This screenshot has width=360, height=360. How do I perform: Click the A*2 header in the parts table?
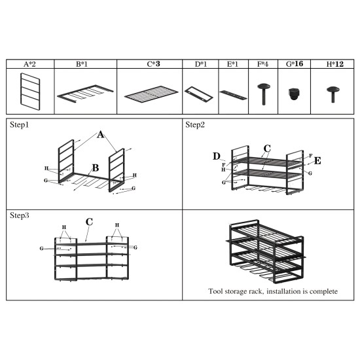(29, 64)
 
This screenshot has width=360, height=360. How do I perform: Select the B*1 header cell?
(82, 64)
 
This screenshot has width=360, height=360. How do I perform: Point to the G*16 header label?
(295, 64)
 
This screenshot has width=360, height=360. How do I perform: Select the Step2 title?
(196, 124)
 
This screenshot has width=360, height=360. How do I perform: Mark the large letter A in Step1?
(101, 135)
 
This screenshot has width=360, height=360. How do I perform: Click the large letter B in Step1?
(95, 168)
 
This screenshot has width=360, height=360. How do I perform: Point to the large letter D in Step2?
(217, 156)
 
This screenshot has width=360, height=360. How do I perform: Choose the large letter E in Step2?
(317, 160)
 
